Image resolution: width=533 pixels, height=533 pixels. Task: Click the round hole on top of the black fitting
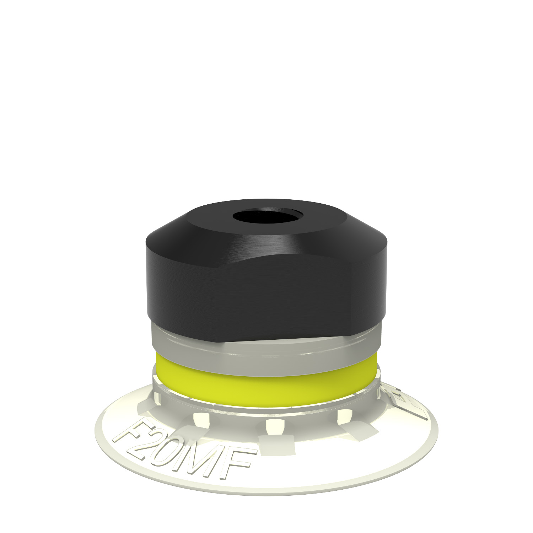[267, 216]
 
